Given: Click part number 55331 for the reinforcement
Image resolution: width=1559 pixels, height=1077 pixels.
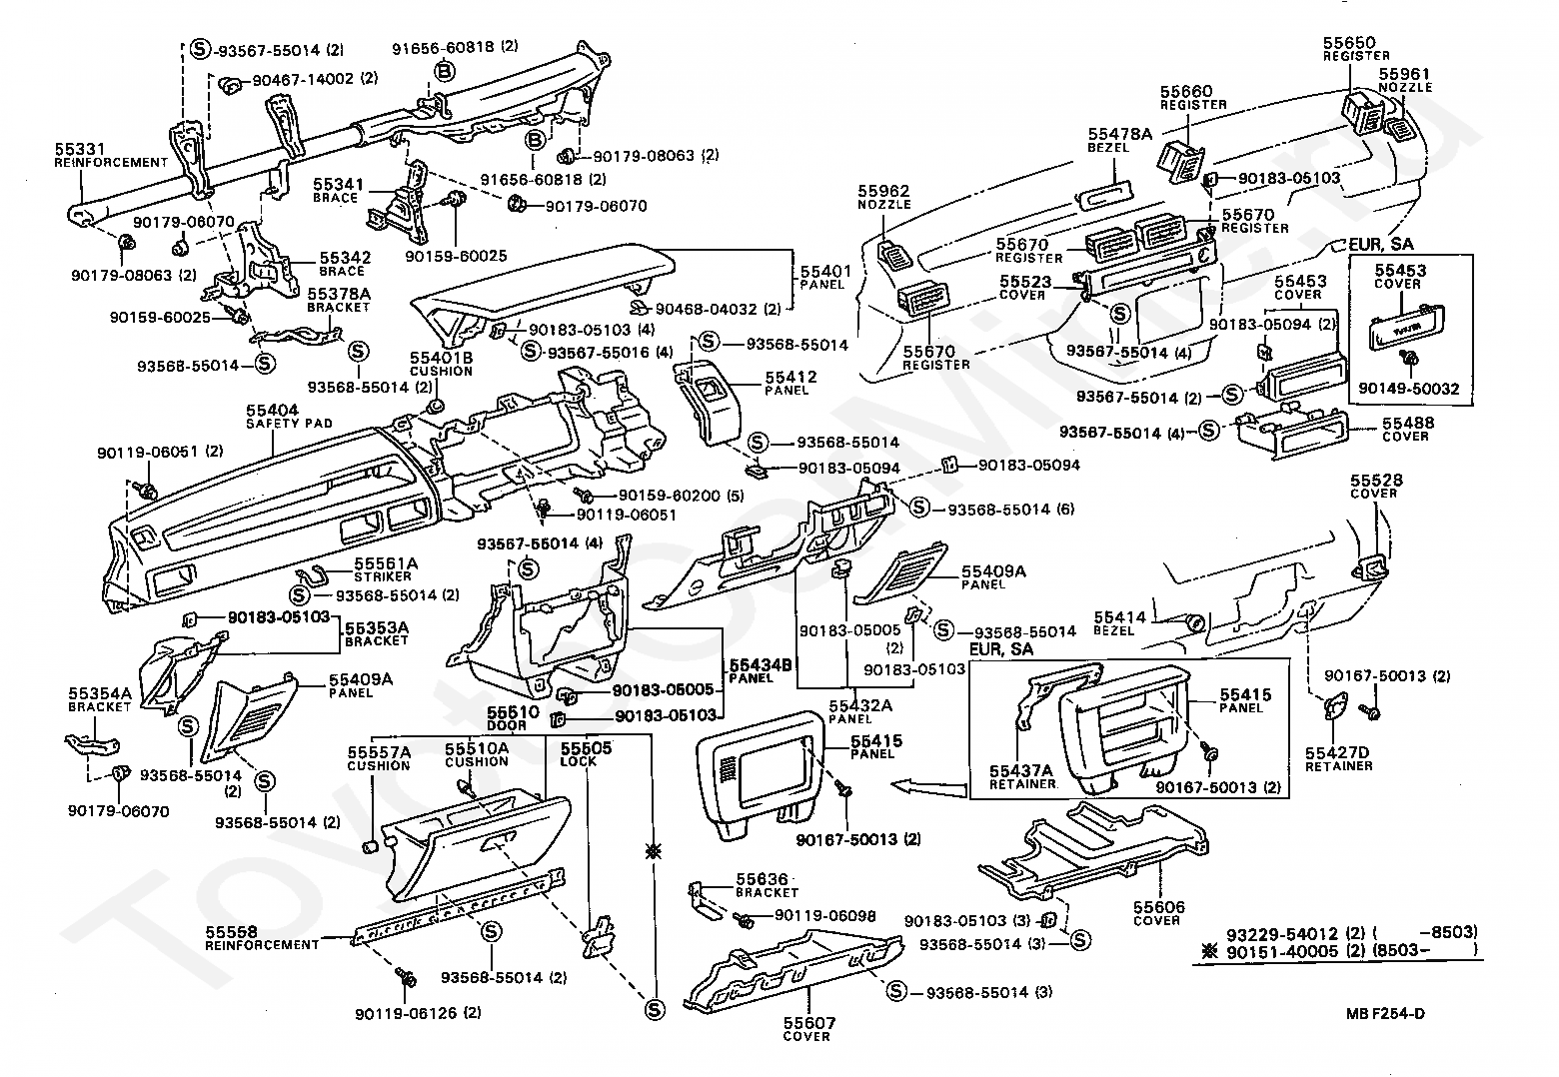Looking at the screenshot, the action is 79,149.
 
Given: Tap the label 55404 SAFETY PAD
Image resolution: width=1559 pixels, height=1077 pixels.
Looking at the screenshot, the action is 289,416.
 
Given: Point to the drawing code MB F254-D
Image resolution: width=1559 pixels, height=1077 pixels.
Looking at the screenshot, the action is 1385,1014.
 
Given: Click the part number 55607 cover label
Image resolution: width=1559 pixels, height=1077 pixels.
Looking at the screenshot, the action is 808,1029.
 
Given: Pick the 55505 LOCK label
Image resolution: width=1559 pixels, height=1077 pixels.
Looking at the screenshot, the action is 586,754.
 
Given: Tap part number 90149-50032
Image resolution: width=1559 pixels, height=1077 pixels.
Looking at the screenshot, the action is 1409,389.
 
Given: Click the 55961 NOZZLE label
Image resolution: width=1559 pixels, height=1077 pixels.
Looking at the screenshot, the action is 1405,80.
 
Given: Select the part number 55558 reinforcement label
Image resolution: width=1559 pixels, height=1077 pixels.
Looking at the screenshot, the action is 262,938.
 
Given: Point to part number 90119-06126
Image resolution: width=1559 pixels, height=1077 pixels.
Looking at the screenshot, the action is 406,1014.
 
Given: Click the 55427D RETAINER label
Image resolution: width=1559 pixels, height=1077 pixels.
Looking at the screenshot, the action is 1338,759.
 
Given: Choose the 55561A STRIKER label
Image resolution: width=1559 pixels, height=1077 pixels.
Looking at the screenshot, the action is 385,569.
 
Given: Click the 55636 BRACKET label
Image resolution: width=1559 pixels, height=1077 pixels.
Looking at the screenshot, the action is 767,885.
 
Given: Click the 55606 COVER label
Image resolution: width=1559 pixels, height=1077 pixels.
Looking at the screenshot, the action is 1159,913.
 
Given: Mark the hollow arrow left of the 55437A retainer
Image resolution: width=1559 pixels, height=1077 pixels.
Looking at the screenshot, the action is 928,787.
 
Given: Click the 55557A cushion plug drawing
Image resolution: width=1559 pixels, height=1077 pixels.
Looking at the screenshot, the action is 372,846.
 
